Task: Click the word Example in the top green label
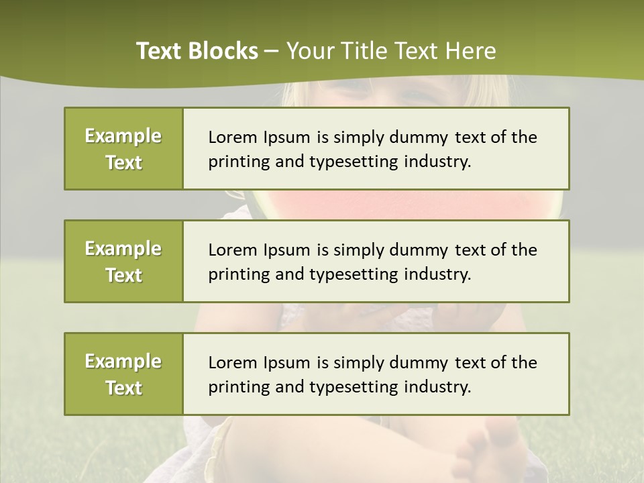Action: [123, 136]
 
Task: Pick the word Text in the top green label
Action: [123, 162]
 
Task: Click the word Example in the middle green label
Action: [123, 249]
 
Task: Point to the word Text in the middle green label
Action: [123, 275]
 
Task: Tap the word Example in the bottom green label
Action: [123, 362]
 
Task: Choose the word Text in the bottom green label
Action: [123, 388]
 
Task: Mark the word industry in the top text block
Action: [437, 162]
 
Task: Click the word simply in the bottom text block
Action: [356, 363]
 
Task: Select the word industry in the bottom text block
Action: [437, 387]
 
